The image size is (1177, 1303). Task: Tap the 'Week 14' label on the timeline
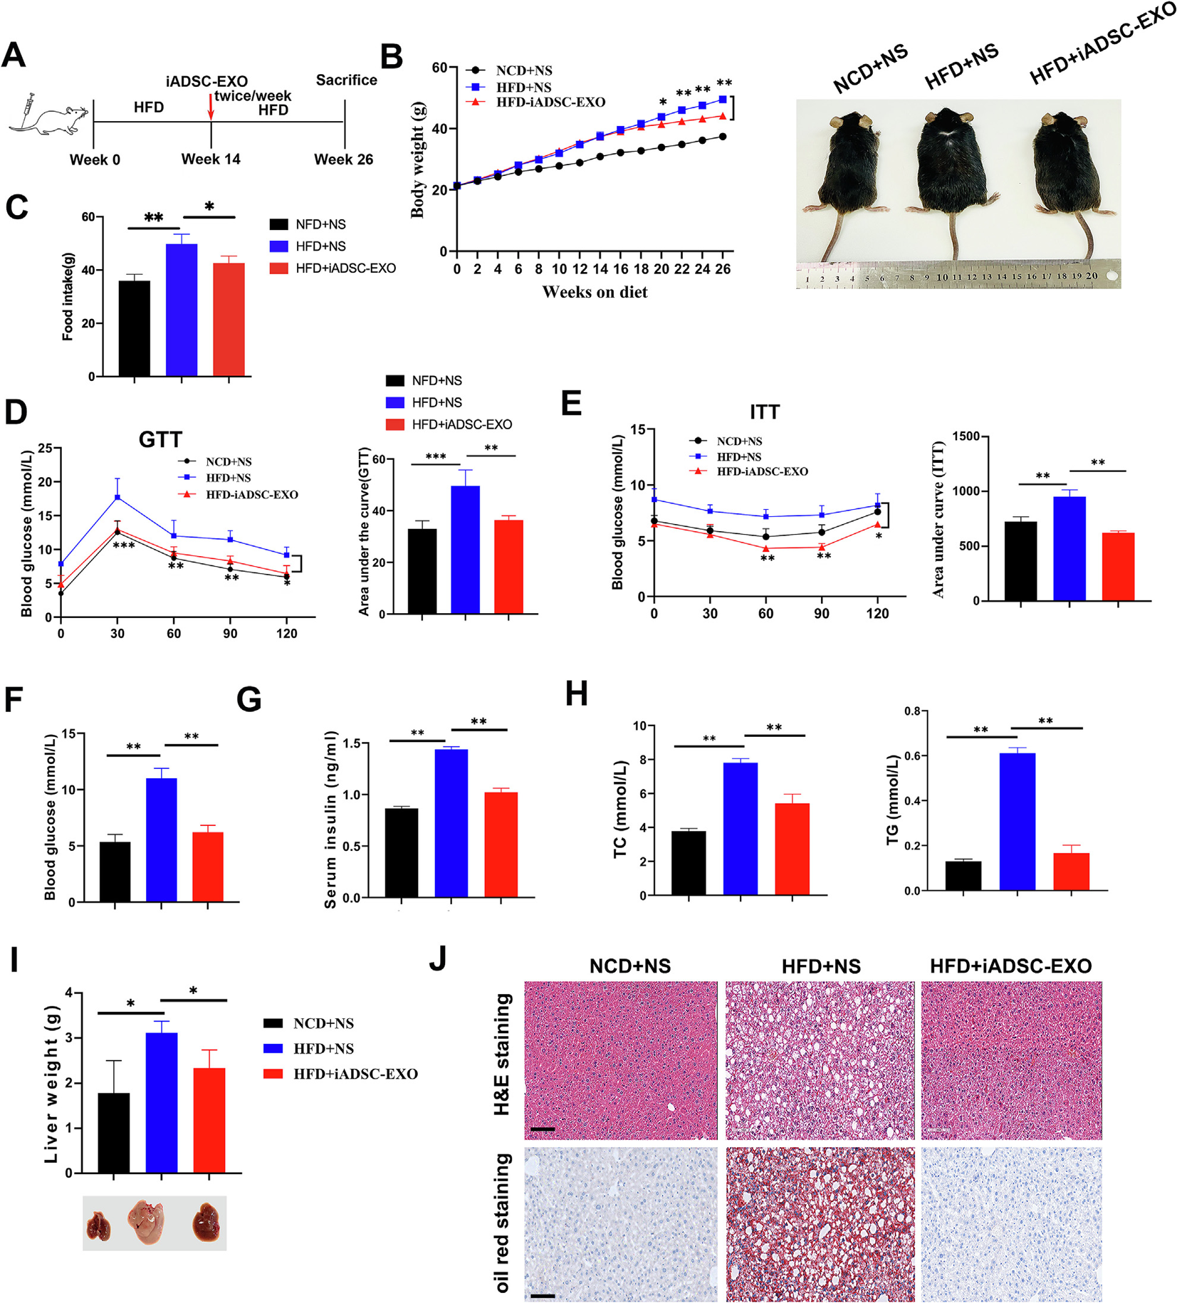tap(211, 159)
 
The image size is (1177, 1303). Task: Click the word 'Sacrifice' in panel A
tap(347, 80)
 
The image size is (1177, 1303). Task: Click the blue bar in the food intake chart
tap(182, 310)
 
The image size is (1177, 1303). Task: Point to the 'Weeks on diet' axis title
tap(595, 292)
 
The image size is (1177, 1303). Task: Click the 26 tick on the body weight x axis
tap(723, 269)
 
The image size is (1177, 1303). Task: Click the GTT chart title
tap(160, 439)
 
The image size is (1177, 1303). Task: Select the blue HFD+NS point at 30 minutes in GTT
tap(117, 497)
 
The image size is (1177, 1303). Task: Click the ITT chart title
tap(765, 412)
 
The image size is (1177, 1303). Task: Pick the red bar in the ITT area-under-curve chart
tap(1118, 567)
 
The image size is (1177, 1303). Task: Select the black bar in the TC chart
tap(689, 863)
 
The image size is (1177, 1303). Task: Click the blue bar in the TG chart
tap(1018, 822)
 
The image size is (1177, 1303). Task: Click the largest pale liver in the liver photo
tap(146, 1222)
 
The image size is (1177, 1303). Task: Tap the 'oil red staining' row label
tap(503, 1223)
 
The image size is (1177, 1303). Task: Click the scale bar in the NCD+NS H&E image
tap(542, 1129)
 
